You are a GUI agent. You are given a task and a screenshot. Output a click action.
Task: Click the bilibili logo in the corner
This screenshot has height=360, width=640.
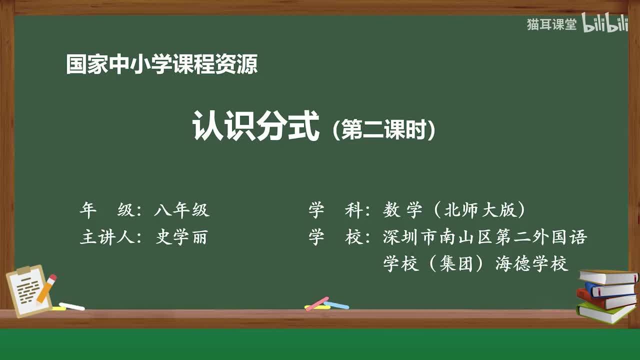point(605,24)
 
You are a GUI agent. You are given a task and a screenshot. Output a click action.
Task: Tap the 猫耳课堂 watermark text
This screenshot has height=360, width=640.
point(551,24)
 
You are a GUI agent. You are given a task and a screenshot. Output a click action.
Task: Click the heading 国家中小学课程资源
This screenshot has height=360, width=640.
point(161,65)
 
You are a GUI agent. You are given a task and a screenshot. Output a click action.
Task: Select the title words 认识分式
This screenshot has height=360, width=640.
point(255,126)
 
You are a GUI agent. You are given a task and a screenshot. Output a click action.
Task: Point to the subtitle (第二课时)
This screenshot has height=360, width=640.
point(383,130)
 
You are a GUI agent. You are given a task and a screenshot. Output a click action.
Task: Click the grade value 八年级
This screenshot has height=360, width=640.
point(181,210)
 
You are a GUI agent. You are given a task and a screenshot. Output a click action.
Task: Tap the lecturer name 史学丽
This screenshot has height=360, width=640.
point(181,237)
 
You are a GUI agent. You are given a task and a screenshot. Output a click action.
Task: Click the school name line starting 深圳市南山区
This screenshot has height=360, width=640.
point(484,237)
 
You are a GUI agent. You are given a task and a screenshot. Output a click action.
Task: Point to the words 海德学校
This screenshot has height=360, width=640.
point(531,263)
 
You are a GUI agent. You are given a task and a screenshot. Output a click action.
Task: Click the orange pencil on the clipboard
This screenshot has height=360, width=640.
point(46,288)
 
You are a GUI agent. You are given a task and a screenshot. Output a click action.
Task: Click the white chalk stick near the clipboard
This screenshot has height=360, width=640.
point(71,306)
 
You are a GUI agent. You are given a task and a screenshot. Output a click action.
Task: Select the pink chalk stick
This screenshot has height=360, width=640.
point(317,303)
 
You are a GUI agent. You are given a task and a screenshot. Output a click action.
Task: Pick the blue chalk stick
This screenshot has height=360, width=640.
point(337,304)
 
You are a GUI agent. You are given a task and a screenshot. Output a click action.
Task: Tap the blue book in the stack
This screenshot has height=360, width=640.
point(610,289)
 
